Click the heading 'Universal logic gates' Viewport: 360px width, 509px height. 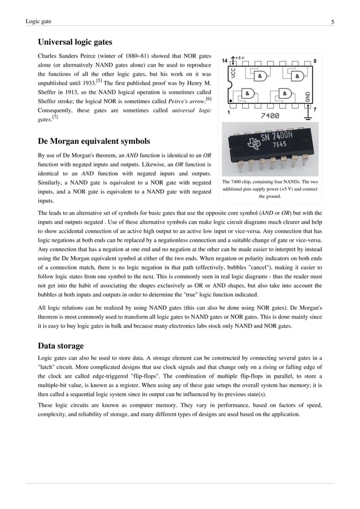click(74, 42)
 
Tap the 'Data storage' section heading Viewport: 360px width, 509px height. click(60, 345)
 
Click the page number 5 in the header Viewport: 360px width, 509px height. click(332, 22)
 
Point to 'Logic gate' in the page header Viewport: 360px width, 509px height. click(38, 22)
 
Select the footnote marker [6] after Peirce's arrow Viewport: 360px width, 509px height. click(208, 98)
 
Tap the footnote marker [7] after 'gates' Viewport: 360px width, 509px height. click(55, 117)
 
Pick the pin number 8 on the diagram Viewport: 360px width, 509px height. click(314, 60)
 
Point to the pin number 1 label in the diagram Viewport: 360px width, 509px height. click(228, 112)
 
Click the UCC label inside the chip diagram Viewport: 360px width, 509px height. click(233, 73)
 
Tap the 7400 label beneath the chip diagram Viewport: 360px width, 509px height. click(270, 116)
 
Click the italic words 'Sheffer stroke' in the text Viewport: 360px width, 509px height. click(56, 100)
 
